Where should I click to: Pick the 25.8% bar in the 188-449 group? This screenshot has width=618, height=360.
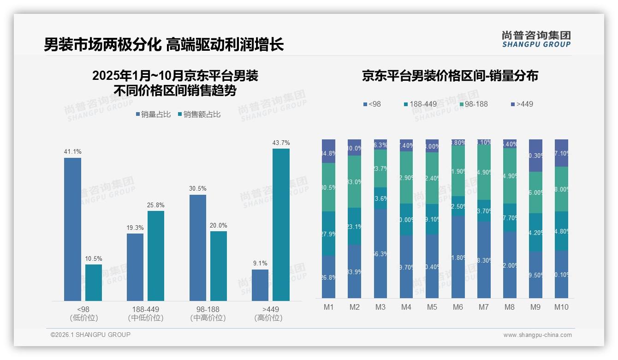[156, 256]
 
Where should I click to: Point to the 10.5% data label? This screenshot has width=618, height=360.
[94, 258]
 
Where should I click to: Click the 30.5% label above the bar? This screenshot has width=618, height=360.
[197, 188]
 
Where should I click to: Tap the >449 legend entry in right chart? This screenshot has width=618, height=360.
[522, 104]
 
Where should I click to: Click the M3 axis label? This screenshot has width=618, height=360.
[380, 307]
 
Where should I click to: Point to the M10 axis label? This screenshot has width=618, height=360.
[561, 307]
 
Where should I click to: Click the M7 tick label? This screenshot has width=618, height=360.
[483, 307]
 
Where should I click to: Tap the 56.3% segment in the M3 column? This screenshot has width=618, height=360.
[380, 254]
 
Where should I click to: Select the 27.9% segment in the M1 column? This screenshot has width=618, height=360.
[328, 234]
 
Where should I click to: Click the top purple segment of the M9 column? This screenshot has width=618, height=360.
[535, 156]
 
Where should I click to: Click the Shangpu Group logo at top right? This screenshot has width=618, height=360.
[536, 39]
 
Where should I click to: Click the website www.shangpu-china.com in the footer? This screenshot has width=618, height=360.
[537, 335]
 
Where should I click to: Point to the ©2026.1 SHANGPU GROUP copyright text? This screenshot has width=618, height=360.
[90, 335]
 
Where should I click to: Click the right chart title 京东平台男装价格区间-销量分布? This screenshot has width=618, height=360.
[450, 76]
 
